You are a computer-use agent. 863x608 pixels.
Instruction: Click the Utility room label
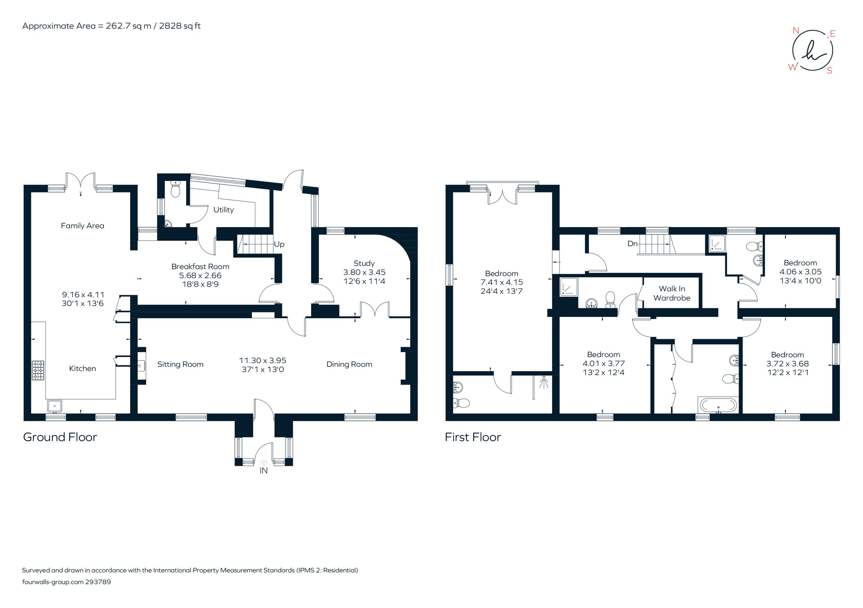tap(223, 210)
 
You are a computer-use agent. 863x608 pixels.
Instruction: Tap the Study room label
tap(364, 264)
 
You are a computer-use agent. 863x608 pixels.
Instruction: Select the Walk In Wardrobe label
tap(672, 293)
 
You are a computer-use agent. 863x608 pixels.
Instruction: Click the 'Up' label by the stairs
tap(279, 244)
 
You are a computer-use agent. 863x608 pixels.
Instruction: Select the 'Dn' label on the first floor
tap(633, 244)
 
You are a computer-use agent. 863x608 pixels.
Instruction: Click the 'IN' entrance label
tap(264, 471)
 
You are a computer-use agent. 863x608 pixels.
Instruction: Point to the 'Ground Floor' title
tap(60, 437)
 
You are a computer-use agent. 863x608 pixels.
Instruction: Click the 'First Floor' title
tap(472, 437)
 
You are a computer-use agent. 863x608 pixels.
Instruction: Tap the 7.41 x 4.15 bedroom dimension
tap(501, 282)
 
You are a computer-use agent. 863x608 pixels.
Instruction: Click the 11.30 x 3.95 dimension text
tap(262, 360)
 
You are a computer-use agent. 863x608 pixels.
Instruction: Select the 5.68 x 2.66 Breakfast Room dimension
tap(200, 275)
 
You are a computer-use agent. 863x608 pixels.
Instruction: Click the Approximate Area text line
tap(111, 26)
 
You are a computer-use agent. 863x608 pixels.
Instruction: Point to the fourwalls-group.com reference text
tap(67, 582)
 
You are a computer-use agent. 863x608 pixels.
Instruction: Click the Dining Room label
tap(349, 364)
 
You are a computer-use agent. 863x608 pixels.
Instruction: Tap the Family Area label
tap(82, 226)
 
